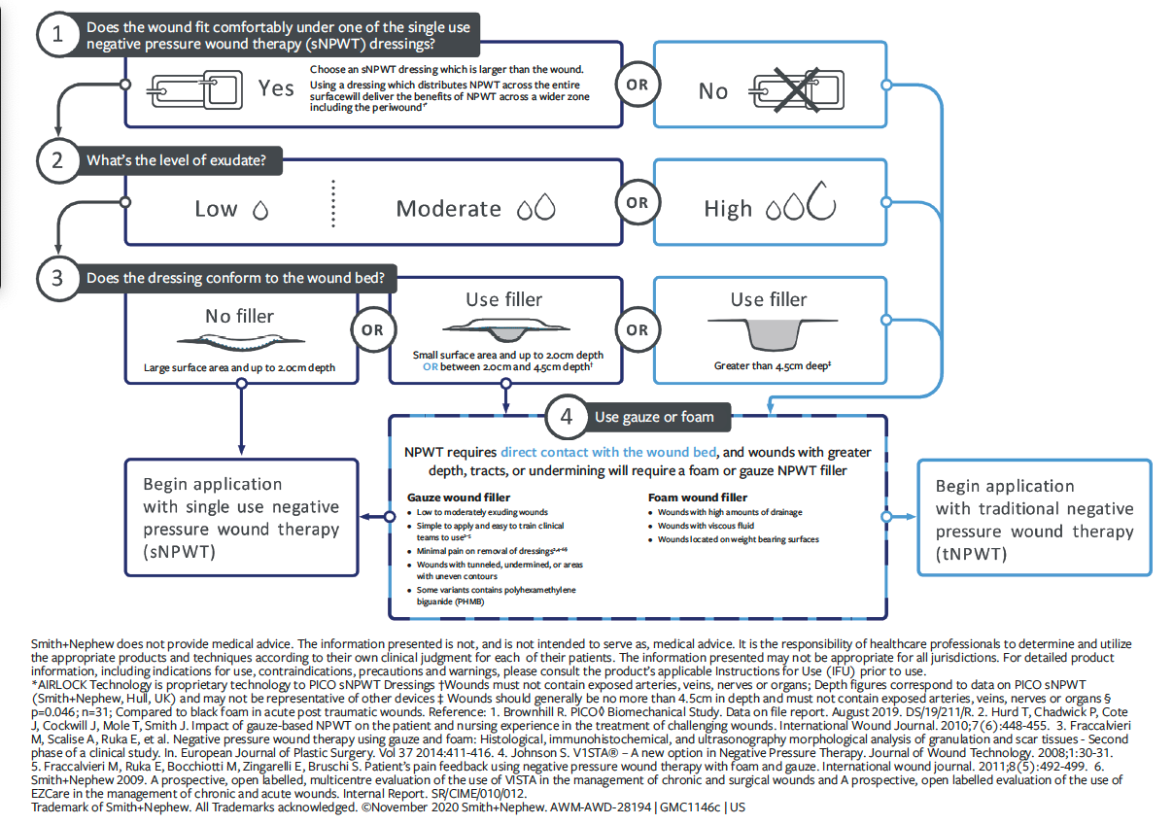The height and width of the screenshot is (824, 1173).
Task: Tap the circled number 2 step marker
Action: (x=57, y=160)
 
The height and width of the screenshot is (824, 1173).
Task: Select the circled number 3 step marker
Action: (x=57, y=278)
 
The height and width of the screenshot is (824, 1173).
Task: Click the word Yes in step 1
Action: (x=276, y=88)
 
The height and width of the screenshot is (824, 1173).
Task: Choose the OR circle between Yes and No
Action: (x=637, y=86)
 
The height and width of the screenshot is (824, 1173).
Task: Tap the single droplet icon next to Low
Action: (x=259, y=209)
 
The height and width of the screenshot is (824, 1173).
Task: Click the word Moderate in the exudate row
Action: (x=449, y=209)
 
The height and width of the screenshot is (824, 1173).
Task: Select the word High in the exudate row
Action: (x=728, y=209)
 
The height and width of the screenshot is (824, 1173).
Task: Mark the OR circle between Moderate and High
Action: (x=637, y=203)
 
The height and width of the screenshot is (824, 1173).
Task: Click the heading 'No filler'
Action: (x=239, y=316)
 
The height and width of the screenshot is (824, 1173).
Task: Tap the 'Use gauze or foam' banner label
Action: (x=654, y=417)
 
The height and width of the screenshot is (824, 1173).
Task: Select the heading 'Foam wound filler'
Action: (x=697, y=498)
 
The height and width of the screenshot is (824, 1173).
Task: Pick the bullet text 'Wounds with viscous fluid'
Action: (x=705, y=526)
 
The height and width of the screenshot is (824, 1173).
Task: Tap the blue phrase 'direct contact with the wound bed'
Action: (x=608, y=452)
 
